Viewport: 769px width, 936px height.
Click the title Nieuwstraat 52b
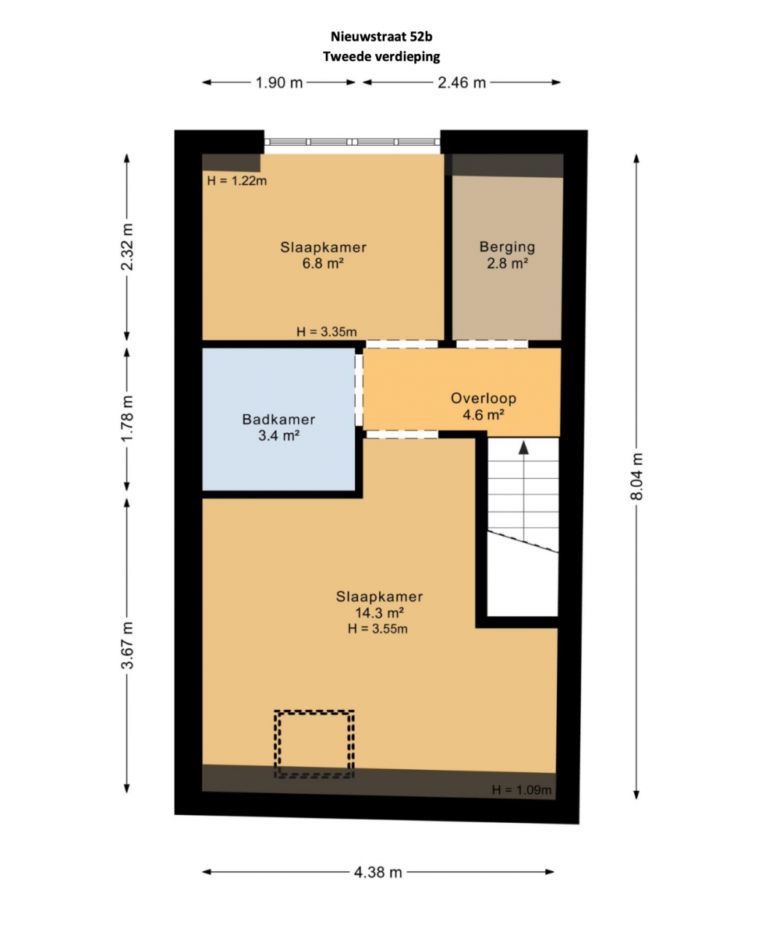coord(381,37)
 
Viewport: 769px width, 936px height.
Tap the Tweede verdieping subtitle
coord(381,57)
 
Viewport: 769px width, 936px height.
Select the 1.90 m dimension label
coord(279,83)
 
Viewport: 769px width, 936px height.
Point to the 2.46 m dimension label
coord(462,83)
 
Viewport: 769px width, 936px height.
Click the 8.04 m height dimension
coord(636,477)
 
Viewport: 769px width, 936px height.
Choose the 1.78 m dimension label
coord(127,419)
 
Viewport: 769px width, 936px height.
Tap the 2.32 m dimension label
coord(127,246)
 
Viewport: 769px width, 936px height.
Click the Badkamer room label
coord(278,420)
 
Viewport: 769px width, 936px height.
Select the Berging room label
coord(507,247)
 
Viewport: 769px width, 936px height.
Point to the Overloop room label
coord(484,398)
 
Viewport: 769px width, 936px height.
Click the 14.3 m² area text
coord(379,613)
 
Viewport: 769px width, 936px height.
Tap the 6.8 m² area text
coord(323,264)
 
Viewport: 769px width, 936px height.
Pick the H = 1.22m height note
coord(237,181)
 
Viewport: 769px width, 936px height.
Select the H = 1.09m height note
coord(522,790)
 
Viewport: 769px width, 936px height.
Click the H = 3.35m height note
coord(327,331)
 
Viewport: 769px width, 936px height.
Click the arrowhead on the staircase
coord(523,448)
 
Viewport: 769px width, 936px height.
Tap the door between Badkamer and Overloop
coord(359,390)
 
